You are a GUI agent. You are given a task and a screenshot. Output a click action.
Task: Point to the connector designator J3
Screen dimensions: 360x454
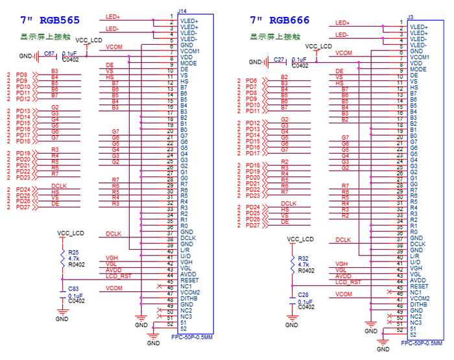(410, 16)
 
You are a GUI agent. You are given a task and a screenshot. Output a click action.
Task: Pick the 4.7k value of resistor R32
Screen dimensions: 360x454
(304, 264)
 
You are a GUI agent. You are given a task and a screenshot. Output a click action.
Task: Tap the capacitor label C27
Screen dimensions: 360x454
(279, 60)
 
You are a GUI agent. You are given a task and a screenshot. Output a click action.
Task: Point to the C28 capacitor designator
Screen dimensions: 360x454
(303, 296)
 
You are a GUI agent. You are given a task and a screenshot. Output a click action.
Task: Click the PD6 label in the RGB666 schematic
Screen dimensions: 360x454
(252, 80)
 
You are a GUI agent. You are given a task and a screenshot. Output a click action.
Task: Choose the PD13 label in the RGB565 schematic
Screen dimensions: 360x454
(23, 111)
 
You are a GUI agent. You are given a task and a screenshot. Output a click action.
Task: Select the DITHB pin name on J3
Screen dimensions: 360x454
(419, 304)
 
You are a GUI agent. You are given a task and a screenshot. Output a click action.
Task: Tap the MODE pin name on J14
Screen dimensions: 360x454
(189, 64)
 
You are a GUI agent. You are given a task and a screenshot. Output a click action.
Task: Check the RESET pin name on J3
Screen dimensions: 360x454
(419, 286)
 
